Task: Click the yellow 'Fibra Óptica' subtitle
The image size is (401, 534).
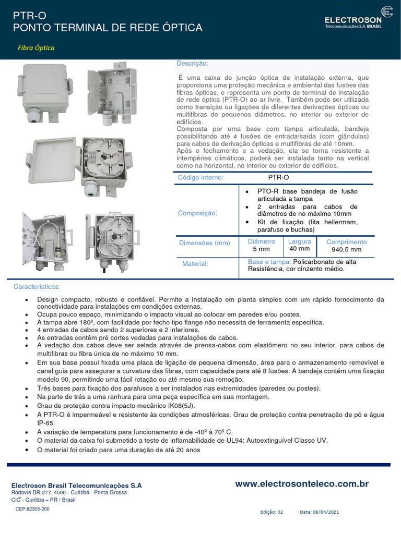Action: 36,48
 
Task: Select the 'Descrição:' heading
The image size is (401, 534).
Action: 192,64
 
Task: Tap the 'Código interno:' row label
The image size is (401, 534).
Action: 201,178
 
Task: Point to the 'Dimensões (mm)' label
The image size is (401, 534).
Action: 204,243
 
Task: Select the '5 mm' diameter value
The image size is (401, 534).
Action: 261,249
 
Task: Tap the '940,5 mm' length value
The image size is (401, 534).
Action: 346,250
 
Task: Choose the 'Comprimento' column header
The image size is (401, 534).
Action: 346,242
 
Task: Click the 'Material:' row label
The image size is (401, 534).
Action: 195,264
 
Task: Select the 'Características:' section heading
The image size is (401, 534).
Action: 37,287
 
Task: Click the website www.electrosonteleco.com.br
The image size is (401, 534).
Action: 302,484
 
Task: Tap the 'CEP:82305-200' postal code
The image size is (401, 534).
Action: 32,508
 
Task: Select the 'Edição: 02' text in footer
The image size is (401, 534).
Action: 272,512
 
